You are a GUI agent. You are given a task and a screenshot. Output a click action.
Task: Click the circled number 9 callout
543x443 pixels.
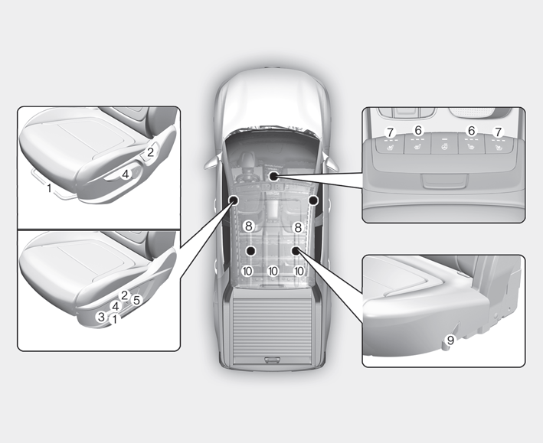[450, 340]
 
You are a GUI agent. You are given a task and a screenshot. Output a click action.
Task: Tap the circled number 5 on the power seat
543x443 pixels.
[137, 300]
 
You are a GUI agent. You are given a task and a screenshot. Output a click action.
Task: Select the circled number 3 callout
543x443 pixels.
[101, 316]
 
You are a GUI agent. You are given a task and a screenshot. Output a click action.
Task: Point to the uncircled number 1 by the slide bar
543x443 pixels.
[50, 188]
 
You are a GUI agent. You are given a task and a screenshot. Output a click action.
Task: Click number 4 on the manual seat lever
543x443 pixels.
[126, 174]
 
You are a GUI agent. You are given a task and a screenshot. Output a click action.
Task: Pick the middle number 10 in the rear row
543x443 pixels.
[273, 271]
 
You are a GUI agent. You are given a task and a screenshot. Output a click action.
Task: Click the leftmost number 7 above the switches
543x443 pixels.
[391, 132]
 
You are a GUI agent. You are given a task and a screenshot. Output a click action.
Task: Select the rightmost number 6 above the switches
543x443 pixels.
[471, 131]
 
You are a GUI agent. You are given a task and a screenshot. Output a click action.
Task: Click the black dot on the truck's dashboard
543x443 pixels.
[273, 176]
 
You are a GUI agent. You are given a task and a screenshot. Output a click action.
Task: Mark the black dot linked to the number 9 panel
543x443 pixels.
[296, 250]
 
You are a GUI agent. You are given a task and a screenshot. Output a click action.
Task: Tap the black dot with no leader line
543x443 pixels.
[313, 200]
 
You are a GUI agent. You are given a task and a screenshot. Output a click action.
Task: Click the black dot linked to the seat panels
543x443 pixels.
[234, 200]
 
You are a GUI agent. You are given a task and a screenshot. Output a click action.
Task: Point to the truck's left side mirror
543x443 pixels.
[211, 163]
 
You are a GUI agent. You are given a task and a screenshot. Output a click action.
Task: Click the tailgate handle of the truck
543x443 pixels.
[273, 360]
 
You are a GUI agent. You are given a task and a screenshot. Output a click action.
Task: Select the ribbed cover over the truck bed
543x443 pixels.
[273, 327]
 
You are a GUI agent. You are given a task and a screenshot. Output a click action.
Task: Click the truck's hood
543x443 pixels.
[271, 100]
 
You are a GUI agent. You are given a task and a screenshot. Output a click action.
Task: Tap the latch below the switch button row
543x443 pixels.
[443, 181]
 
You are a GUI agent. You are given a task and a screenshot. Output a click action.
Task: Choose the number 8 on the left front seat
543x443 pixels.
[248, 226]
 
